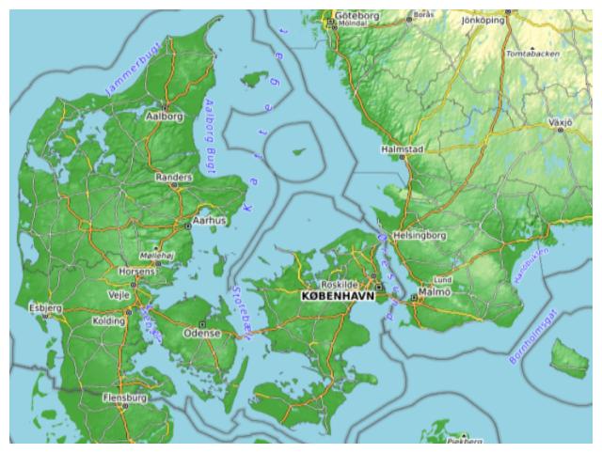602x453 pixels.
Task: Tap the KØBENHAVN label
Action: [x=338, y=295]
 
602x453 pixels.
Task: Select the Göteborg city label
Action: [x=356, y=16]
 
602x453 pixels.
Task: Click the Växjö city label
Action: [x=561, y=122]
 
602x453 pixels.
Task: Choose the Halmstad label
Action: [x=403, y=149]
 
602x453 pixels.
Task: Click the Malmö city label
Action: [x=435, y=291]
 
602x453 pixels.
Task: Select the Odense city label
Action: [x=201, y=333]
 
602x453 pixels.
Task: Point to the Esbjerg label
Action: [x=45, y=306]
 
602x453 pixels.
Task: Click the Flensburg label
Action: [x=125, y=398]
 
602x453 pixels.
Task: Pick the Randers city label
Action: [x=173, y=176]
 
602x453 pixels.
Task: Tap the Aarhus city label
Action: [x=209, y=221]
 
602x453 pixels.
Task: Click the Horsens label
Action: [x=138, y=271]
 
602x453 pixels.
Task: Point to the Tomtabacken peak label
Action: [x=532, y=55]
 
